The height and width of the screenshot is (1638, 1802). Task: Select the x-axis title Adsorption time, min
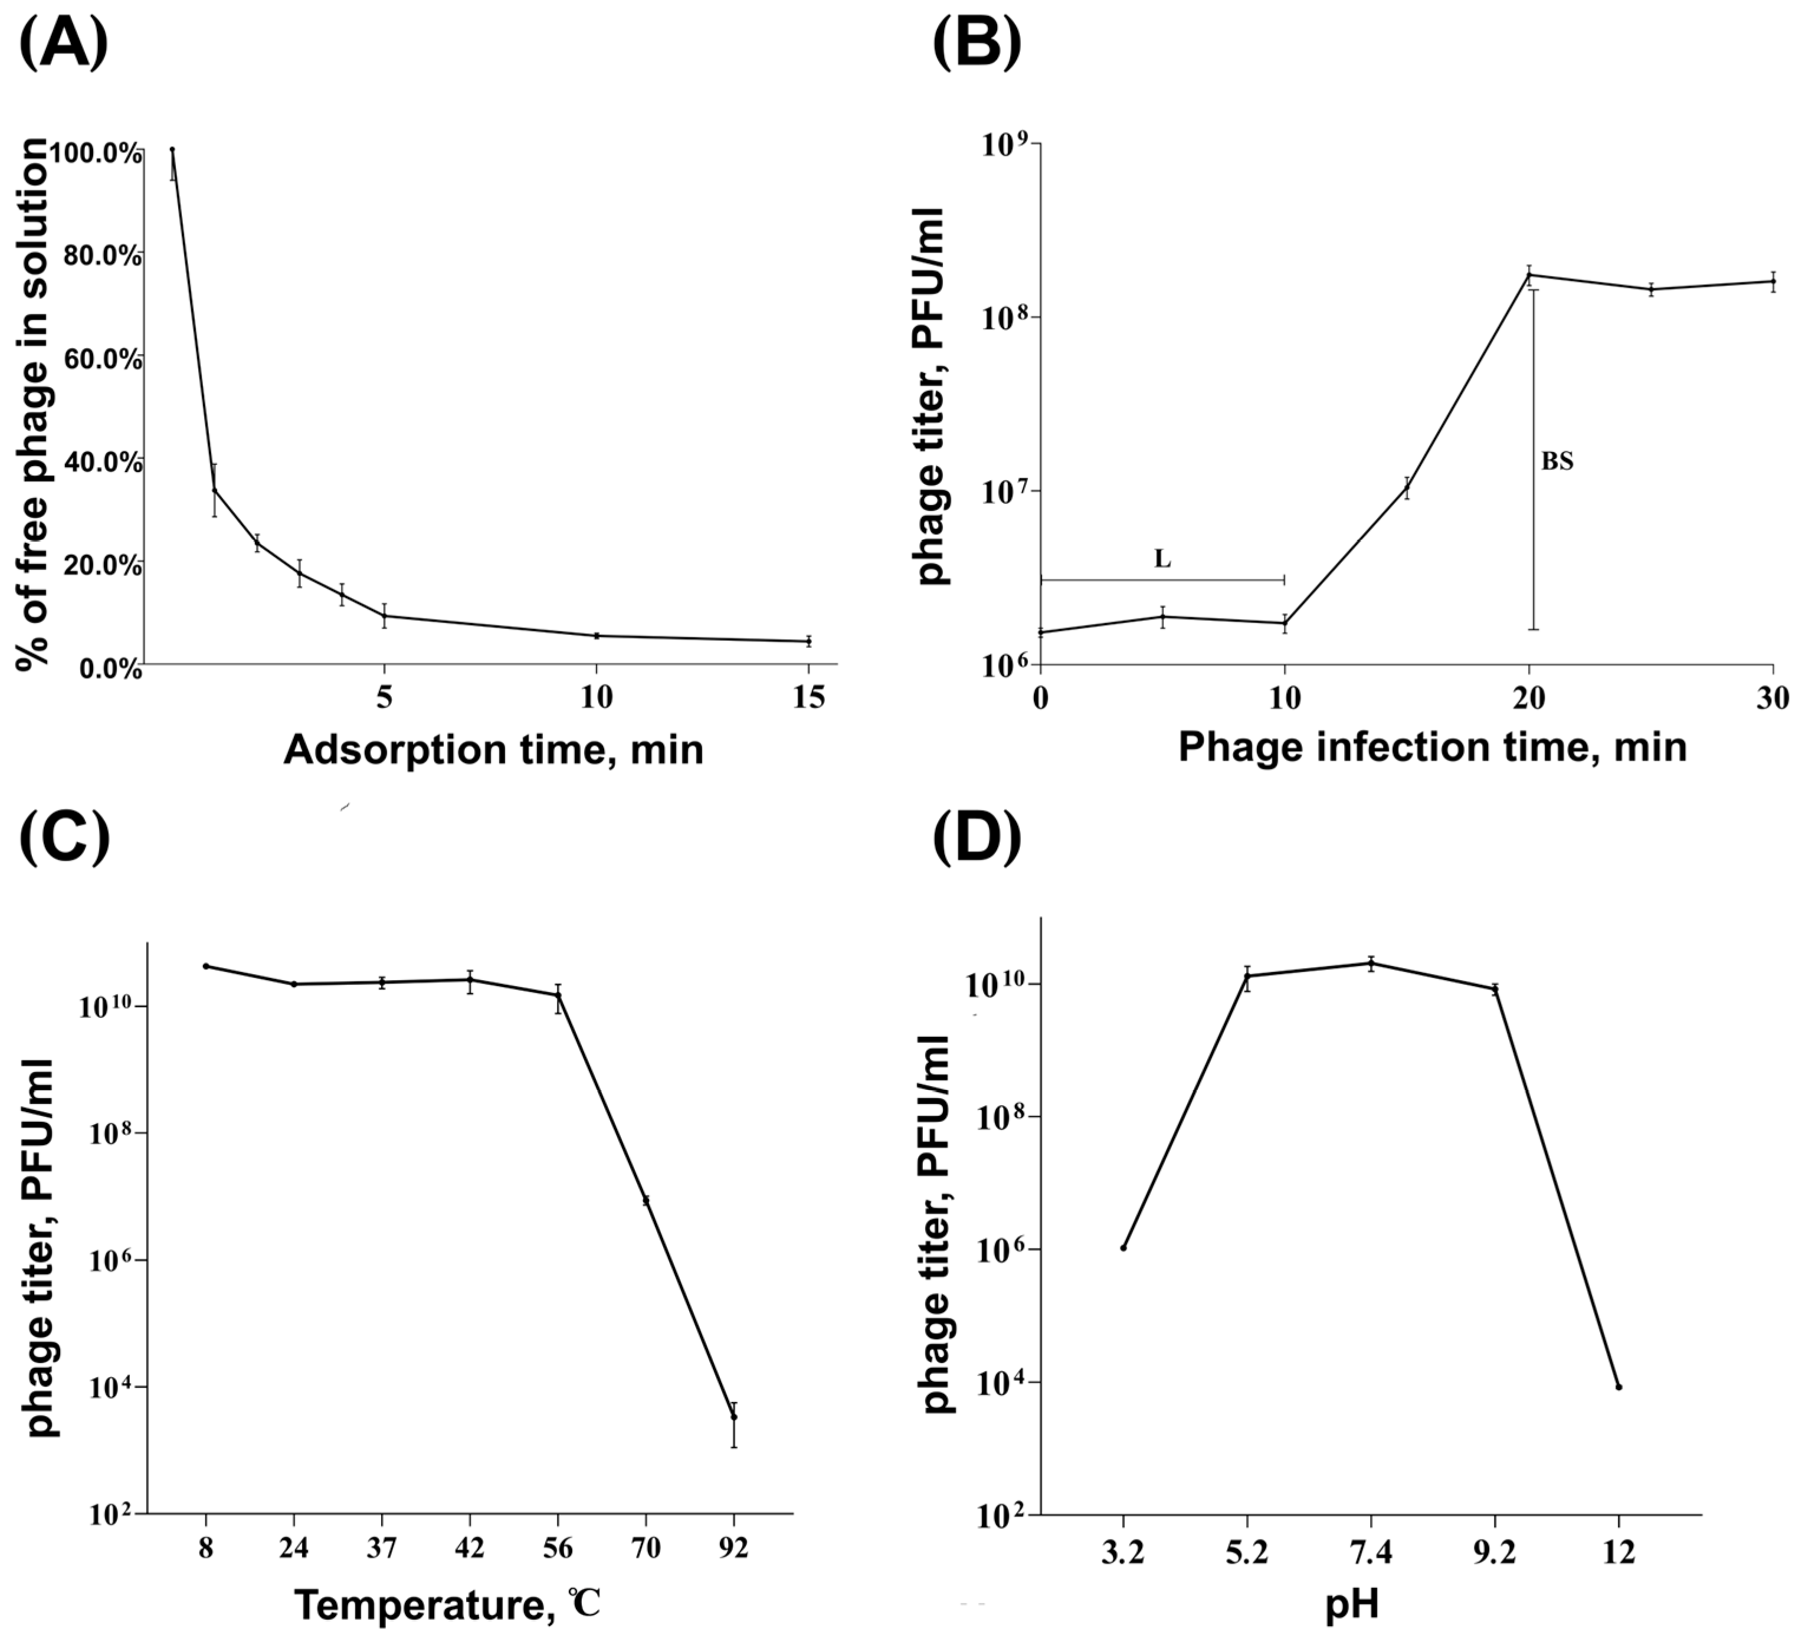point(493,749)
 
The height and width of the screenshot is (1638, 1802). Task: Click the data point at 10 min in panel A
point(596,635)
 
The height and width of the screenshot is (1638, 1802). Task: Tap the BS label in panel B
point(1557,462)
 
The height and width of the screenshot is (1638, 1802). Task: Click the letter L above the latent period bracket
point(1162,560)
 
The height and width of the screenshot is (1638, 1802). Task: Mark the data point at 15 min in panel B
point(1407,487)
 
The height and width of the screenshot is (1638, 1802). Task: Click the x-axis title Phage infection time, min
point(1432,746)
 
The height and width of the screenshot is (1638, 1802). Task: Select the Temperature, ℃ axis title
point(447,1605)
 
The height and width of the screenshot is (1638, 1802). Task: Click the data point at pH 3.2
point(1123,1247)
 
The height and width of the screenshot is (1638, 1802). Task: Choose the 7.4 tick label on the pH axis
point(1371,1553)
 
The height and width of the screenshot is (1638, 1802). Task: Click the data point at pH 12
point(1618,1387)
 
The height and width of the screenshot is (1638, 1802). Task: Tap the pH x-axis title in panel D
point(1351,1605)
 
